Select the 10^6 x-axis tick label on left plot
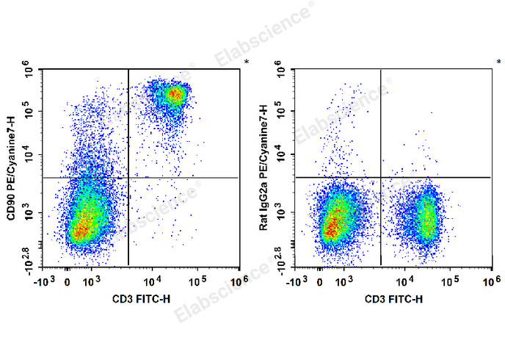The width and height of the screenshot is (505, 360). tap(238, 281)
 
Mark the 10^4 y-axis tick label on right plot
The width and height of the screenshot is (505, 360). tap(282, 155)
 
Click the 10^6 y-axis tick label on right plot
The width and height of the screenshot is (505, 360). tap(282, 72)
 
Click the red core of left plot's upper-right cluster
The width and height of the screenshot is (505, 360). tap(173, 94)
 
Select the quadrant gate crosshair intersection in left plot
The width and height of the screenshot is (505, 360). tap(128, 178)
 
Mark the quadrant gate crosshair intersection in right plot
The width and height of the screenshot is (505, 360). tap(380, 177)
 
